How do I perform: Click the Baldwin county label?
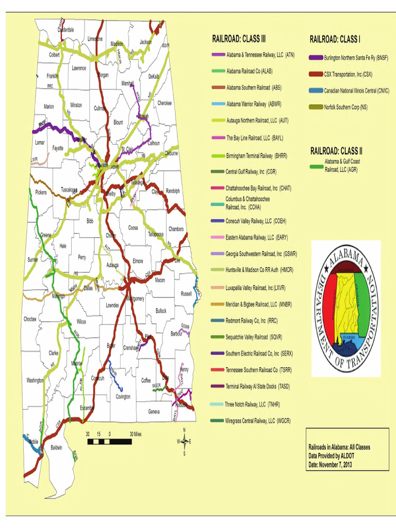[x=56, y=447]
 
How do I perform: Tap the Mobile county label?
[x=33, y=442]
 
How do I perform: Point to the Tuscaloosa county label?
[x=69, y=189]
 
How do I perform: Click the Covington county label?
[x=123, y=397]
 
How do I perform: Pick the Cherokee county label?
[x=164, y=102]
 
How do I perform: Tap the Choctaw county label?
[x=30, y=319]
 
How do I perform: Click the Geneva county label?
[x=154, y=411]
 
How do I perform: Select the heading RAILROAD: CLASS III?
[x=239, y=39]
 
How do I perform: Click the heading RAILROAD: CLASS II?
[x=336, y=151]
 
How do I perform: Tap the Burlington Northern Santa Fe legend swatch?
[x=316, y=58]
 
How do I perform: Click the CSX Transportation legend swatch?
[x=316, y=74]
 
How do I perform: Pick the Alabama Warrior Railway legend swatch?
[x=218, y=104]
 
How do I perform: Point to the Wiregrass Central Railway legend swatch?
[x=217, y=421]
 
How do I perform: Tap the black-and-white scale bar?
[x=109, y=441]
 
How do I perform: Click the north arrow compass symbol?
[x=184, y=441]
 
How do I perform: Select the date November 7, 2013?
[x=330, y=465]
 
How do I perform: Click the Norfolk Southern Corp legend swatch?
[x=316, y=107]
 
